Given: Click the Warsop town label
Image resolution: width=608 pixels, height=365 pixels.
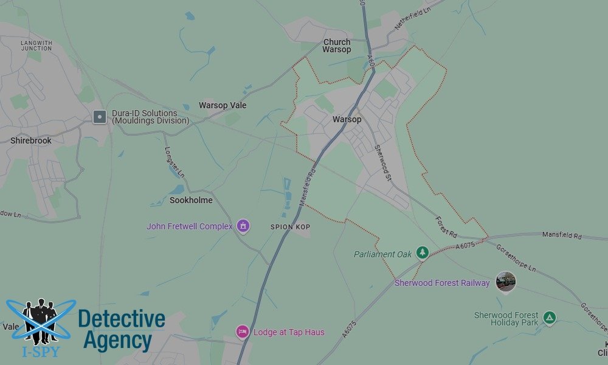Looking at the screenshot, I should point(347,119).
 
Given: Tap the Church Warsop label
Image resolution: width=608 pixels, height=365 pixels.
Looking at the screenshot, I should point(337,46).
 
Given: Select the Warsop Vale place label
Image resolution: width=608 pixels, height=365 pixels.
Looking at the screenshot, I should point(223,105).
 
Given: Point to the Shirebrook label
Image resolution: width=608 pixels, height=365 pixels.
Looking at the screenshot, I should point(31,141).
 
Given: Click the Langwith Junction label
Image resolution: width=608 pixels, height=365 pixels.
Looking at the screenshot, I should point(36,46).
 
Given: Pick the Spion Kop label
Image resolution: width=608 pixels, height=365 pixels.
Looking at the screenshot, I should point(291,227).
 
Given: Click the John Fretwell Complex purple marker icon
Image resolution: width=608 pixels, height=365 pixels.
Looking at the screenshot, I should point(243,226).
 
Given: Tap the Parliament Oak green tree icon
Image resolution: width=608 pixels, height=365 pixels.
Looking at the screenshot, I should point(423,252).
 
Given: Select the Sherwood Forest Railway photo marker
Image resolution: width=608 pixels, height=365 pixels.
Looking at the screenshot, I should point(505,281).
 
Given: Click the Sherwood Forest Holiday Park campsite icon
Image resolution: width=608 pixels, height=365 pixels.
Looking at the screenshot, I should point(550,317).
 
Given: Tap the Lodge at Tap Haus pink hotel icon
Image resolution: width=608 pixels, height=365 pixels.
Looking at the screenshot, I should point(242,332).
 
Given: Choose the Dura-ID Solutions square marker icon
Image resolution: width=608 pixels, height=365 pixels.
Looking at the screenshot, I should point(100,117).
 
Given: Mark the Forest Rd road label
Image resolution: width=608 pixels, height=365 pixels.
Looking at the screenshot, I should point(446,226).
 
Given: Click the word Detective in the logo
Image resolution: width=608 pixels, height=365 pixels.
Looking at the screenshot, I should point(122,319).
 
